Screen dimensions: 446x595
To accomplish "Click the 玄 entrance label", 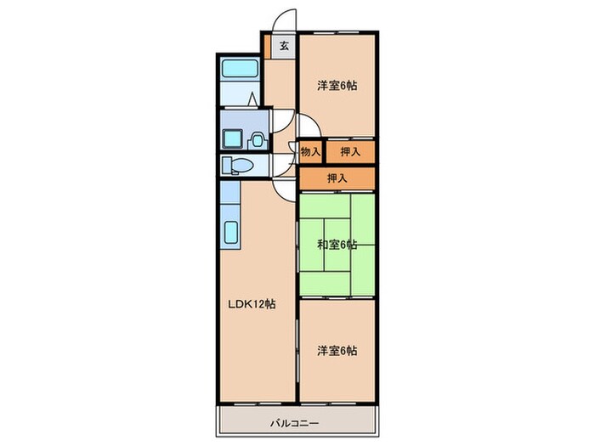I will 284,47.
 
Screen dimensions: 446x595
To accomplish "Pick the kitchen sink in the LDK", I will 229,234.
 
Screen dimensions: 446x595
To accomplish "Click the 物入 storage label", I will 310,152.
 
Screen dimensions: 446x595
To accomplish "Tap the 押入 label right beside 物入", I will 349,152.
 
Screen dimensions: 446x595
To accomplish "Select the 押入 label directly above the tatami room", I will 337,178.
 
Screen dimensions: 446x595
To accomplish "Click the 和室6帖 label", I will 337,246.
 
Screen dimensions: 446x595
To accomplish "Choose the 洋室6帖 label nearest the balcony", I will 337,350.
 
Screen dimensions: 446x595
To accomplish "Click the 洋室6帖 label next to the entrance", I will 337,85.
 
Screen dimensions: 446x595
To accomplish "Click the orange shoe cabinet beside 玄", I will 266,47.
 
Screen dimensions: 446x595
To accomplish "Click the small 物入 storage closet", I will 310,152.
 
